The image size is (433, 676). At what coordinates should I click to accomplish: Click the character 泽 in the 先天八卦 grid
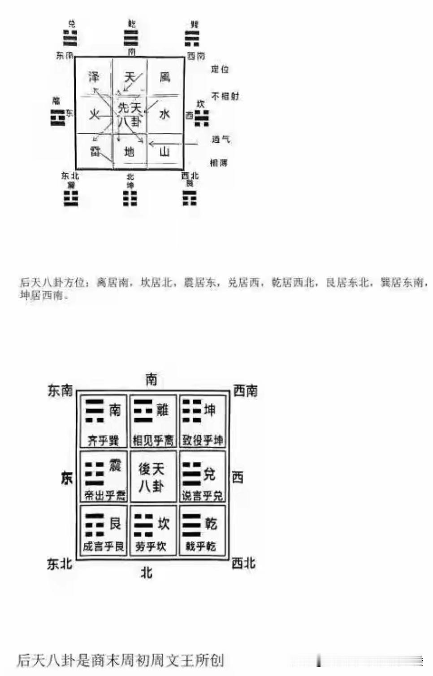pyautogui.click(x=94, y=77)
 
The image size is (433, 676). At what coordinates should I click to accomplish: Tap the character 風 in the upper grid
pyautogui.click(x=165, y=77)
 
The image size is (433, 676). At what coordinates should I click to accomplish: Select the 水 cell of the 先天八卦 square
pyautogui.click(x=165, y=114)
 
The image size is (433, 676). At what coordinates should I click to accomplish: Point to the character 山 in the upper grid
pyautogui.click(x=165, y=152)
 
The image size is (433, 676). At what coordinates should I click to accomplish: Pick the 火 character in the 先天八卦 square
pyautogui.click(x=94, y=114)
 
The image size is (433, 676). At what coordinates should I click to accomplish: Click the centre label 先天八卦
pyautogui.click(x=129, y=114)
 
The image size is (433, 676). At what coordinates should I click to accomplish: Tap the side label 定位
pyautogui.click(x=220, y=69)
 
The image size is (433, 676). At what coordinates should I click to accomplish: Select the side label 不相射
pyautogui.click(x=225, y=96)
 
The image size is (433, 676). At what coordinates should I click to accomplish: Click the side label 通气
pyautogui.click(x=221, y=139)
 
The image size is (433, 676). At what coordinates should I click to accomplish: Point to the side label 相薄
pyautogui.click(x=219, y=162)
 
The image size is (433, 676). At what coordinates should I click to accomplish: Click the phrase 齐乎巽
pyautogui.click(x=103, y=440)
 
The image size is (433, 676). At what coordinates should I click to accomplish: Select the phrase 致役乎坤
pyautogui.click(x=202, y=440)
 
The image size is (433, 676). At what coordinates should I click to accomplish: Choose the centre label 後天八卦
pyautogui.click(x=151, y=477)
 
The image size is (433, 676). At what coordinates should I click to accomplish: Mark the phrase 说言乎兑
pyautogui.click(x=202, y=496)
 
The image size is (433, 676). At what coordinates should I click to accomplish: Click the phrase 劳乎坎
pyautogui.click(x=151, y=547)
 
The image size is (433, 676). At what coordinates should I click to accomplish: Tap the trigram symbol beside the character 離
pyautogui.click(x=143, y=410)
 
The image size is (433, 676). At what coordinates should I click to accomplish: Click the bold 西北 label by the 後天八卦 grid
pyautogui.click(x=243, y=563)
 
